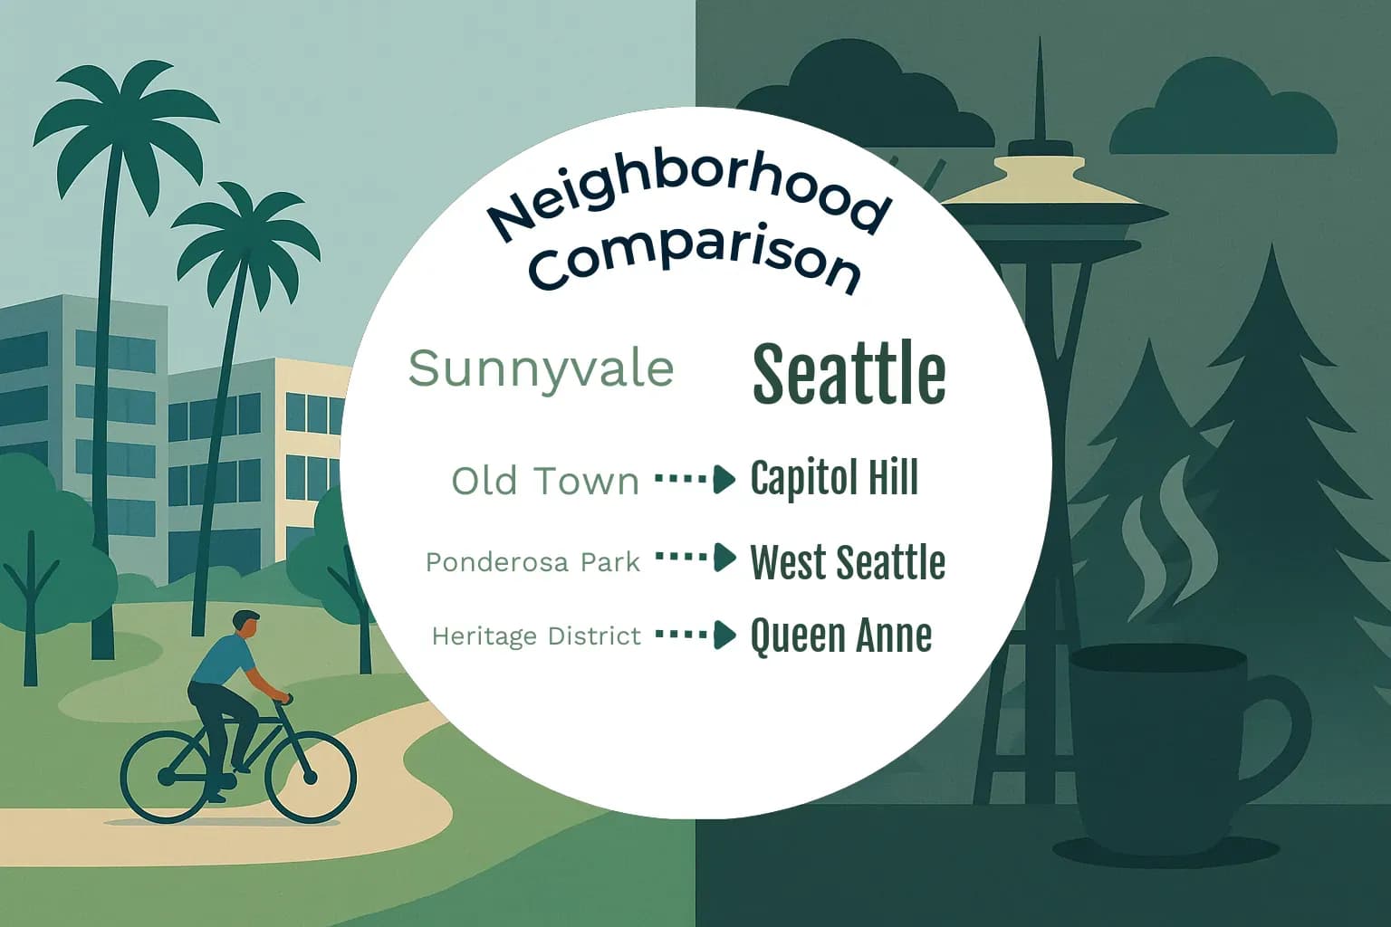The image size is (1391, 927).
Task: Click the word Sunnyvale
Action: tap(541, 368)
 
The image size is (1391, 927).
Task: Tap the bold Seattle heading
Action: tap(849, 373)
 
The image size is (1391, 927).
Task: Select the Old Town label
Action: tap(545, 481)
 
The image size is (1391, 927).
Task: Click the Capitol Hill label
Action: tap(834, 478)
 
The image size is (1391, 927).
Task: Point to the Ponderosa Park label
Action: tap(532, 562)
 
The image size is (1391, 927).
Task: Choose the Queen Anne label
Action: tap(840, 636)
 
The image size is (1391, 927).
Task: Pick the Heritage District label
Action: tap(536, 636)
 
